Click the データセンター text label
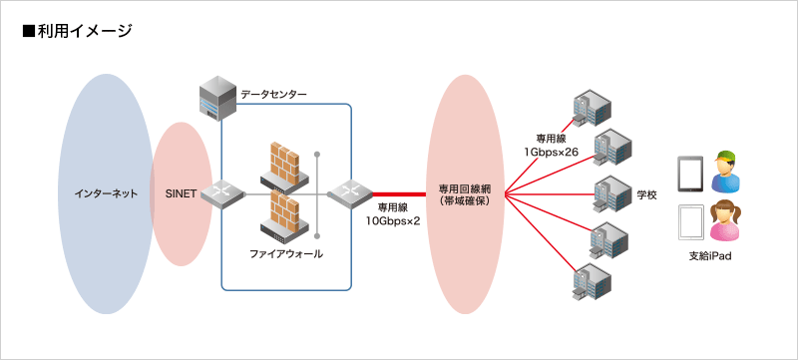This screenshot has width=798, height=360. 273,94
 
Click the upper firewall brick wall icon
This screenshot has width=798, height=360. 284,164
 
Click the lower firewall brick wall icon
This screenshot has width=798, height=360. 284,218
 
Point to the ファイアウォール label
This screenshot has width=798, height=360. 286,254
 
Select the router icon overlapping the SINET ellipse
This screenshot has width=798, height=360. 222,192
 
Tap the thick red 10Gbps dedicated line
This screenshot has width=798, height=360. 399,192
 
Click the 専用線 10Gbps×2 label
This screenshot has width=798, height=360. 392,213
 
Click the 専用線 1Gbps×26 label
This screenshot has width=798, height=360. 552,145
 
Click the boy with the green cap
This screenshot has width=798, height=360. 726,173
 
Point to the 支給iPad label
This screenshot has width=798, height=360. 710,256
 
